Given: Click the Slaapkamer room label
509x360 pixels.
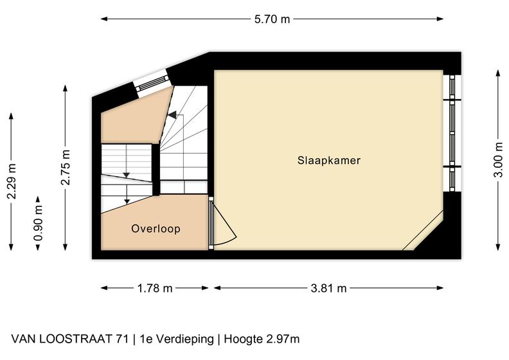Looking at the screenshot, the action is point(329,160).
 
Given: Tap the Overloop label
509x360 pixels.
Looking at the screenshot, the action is point(156,229).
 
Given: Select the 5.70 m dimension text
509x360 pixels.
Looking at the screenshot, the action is point(272,19).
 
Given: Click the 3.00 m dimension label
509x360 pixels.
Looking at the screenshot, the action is point(498,159).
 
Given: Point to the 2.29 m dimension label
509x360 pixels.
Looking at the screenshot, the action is point(12,181).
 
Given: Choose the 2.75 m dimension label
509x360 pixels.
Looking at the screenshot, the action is point(66,168).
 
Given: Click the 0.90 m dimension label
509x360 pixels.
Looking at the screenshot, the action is point(39,223).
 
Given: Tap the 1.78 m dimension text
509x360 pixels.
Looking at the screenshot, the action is point(155,288).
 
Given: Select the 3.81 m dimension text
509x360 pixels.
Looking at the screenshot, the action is point(328,288).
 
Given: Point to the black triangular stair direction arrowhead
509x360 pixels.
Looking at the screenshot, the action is point(172,114).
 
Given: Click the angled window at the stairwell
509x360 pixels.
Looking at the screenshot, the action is point(152,84).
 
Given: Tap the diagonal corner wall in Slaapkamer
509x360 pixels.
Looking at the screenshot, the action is point(423,230).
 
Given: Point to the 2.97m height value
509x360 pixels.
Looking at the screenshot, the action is point(283,339).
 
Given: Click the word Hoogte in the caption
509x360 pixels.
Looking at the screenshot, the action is point(243,339).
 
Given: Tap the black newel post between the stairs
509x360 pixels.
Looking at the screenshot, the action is point(156,170).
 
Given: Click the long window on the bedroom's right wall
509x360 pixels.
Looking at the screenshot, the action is point(452,133).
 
